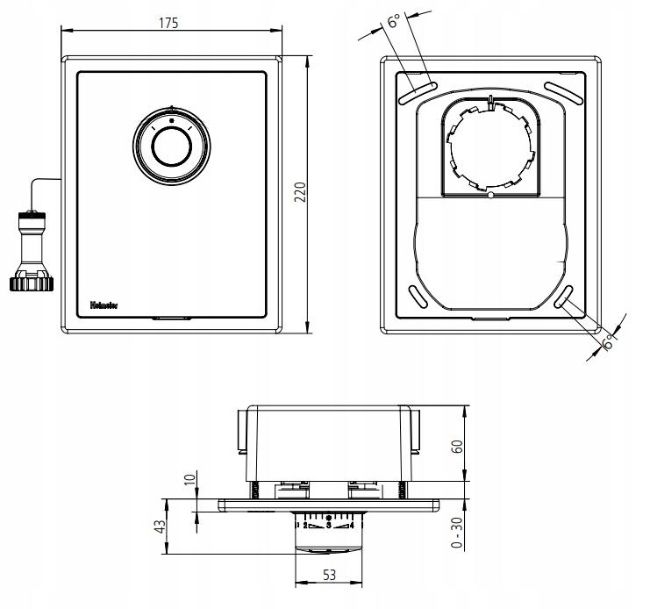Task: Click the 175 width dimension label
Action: pos(168,23)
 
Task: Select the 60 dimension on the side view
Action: pos(455,443)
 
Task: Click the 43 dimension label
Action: pos(160,527)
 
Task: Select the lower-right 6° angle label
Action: pos(607,344)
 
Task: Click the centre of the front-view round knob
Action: pos(171,147)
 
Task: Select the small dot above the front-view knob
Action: pos(171,119)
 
